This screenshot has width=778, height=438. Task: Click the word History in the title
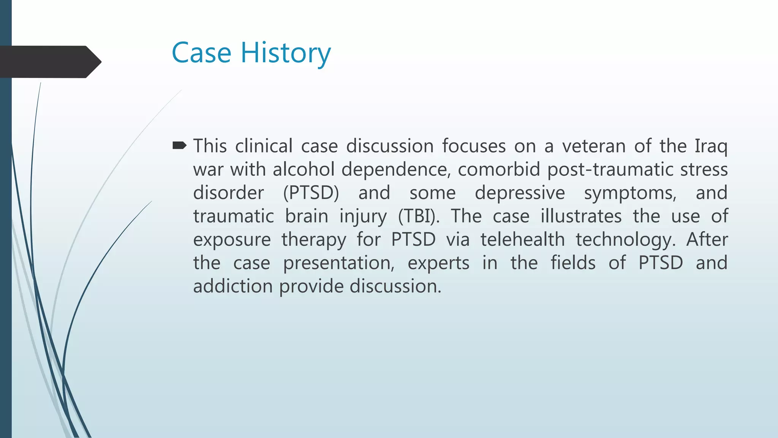(286, 53)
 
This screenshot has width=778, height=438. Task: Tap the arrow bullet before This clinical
(179, 146)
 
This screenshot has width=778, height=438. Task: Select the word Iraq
(711, 146)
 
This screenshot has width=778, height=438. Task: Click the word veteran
(594, 146)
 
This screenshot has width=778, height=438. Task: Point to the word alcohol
(304, 169)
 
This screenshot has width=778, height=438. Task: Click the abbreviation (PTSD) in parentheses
(311, 193)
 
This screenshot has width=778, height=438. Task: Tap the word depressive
(520, 193)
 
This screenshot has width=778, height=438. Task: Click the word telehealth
(523, 240)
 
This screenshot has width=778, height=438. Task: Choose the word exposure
(232, 240)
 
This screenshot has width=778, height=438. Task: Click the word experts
(438, 263)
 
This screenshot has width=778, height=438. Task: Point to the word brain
(307, 216)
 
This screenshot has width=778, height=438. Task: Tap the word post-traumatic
(609, 169)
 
